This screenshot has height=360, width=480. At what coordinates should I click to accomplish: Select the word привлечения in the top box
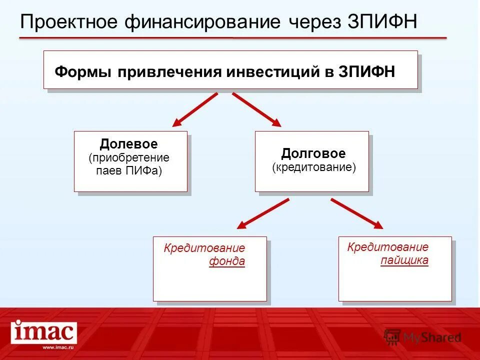click(170, 71)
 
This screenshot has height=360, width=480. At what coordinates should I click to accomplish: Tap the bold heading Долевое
click(129, 144)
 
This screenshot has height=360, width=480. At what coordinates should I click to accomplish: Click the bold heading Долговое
click(313, 153)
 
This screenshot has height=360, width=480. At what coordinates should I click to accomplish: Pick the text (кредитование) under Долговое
click(314, 167)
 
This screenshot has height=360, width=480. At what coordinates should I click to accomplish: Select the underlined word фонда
click(227, 261)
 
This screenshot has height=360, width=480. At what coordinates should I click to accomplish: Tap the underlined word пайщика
click(404, 260)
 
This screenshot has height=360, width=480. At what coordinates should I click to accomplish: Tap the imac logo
click(44, 332)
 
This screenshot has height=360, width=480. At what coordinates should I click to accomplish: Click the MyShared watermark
click(422, 337)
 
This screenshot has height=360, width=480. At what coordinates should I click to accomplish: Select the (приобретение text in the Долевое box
click(129, 158)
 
